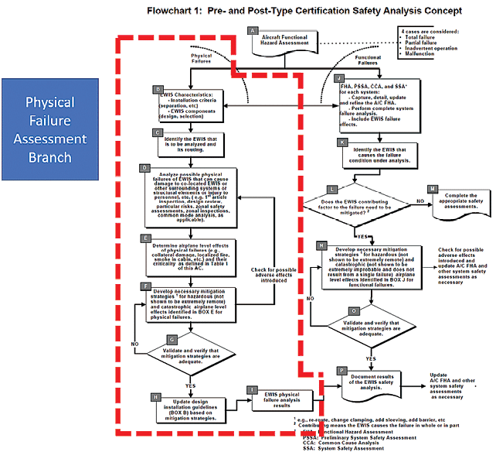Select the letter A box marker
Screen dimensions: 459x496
click(x=252, y=30)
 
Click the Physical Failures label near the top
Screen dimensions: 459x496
click(x=202, y=60)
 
